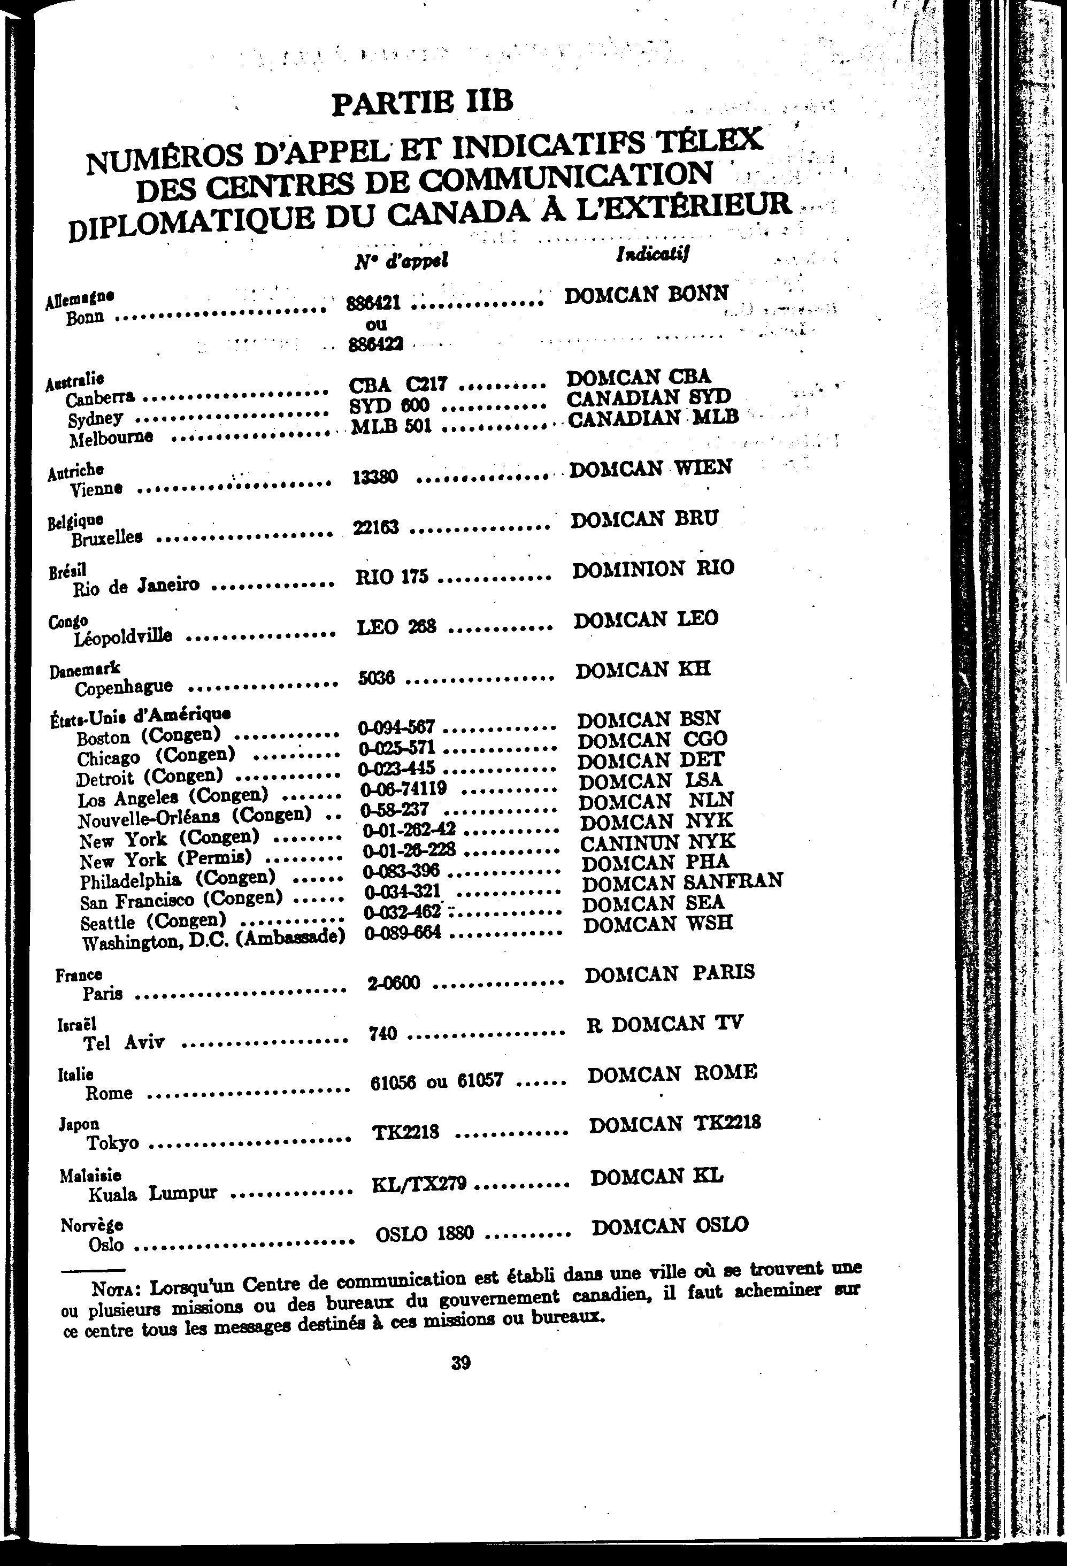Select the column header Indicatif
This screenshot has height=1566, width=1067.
(652, 254)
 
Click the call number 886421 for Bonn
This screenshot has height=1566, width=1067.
(374, 303)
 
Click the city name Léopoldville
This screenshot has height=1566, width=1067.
(124, 635)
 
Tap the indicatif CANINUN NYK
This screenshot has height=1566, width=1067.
(658, 842)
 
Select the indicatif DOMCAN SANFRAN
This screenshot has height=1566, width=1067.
(682, 882)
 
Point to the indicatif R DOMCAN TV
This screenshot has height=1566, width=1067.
(665, 1024)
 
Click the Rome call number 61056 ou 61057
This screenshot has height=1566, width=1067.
(437, 1081)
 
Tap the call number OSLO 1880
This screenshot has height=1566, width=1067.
(425, 1234)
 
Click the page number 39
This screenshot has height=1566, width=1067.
(460, 1363)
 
